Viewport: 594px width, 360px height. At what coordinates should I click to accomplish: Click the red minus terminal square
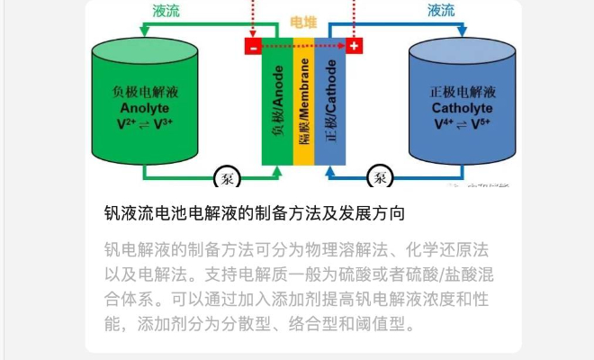[x=253, y=46]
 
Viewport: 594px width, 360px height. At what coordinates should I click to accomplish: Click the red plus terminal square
[x=354, y=46]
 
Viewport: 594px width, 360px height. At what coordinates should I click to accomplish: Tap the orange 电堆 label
[x=303, y=22]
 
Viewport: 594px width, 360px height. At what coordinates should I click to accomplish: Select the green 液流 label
[x=166, y=11]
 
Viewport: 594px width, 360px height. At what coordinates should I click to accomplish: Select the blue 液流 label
[x=441, y=10]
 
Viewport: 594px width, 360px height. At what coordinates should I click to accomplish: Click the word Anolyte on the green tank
[x=145, y=108]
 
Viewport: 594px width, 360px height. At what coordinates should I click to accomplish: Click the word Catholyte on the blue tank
[x=463, y=108]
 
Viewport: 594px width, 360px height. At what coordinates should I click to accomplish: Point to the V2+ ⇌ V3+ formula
[x=145, y=123]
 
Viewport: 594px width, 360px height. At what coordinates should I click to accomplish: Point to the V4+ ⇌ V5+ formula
[x=463, y=123]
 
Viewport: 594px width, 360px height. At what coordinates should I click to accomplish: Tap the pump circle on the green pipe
[x=228, y=177]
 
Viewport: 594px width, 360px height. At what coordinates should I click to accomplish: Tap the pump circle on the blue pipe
[x=381, y=176]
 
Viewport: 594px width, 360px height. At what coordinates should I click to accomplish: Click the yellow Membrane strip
[x=304, y=102]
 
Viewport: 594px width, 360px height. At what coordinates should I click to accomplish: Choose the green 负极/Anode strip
[x=278, y=102]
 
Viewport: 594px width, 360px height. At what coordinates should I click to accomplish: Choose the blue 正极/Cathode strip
[x=330, y=102]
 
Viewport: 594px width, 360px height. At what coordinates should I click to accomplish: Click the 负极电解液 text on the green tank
[x=145, y=92]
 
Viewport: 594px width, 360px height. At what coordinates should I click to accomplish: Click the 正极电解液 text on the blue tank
[x=463, y=92]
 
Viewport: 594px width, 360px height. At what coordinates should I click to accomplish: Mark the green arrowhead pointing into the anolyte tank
[x=145, y=31]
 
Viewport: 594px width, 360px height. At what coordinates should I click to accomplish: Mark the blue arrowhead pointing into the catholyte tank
[x=463, y=31]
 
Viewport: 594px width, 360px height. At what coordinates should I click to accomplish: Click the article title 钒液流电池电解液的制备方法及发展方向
[x=255, y=213]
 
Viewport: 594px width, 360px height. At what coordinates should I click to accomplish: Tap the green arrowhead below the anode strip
[x=277, y=171]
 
